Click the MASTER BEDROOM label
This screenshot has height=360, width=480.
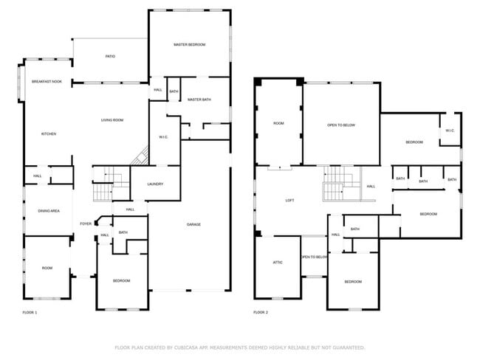tap(190, 45)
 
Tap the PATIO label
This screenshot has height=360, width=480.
tap(110, 56)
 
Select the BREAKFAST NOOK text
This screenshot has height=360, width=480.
tap(47, 82)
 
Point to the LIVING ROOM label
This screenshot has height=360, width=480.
tap(112, 120)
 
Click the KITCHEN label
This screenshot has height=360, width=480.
tap(49, 134)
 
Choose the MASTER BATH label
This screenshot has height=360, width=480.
tap(199, 100)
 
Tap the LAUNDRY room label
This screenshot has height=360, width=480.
tap(155, 184)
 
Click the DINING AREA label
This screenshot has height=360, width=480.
tap(49, 211)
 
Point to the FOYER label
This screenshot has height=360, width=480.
tap(86, 224)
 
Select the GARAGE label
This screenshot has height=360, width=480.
tap(193, 224)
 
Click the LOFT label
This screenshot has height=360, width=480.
tap(289, 201)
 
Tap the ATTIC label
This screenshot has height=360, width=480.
tap(278, 263)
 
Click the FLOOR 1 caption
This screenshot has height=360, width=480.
tap(30, 313)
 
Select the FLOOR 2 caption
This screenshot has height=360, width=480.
tap(261, 312)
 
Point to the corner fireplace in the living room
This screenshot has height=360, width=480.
tap(140, 156)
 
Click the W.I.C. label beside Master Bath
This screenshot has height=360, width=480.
tap(163, 137)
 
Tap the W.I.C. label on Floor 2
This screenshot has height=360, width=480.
tap(450, 131)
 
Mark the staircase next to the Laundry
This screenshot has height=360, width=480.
tap(111, 184)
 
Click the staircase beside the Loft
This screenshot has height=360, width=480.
tap(342, 184)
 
